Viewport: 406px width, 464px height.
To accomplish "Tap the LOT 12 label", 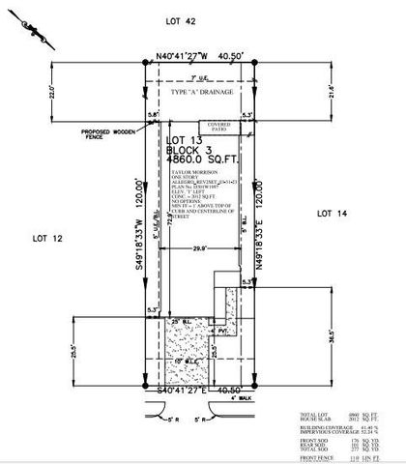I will pos(46,236).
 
